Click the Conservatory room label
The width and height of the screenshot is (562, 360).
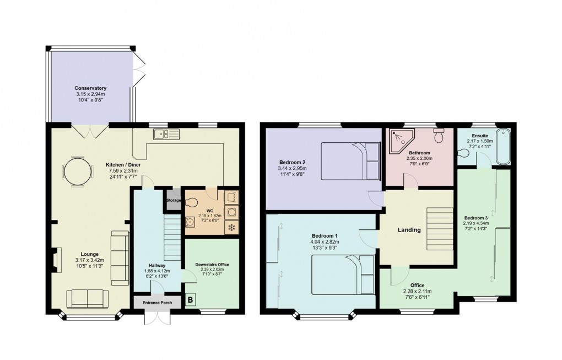[91, 88]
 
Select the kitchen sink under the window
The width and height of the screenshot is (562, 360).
[164, 133]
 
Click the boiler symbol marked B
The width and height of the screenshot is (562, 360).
[191, 300]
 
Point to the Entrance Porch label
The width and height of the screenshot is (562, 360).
[152, 302]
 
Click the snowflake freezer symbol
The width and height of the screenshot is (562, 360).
[231, 227]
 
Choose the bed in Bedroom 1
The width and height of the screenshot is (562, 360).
[343, 275]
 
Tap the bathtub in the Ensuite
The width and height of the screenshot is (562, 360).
[503, 147]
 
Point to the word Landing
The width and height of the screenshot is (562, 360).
[409, 230]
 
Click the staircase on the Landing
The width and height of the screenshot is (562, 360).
[439, 227]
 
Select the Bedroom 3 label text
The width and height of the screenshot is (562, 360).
[475, 217]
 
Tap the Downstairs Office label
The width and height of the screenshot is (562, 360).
[212, 265]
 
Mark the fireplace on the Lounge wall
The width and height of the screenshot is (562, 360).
[56, 259]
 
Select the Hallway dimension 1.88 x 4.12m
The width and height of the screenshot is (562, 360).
[156, 271]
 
